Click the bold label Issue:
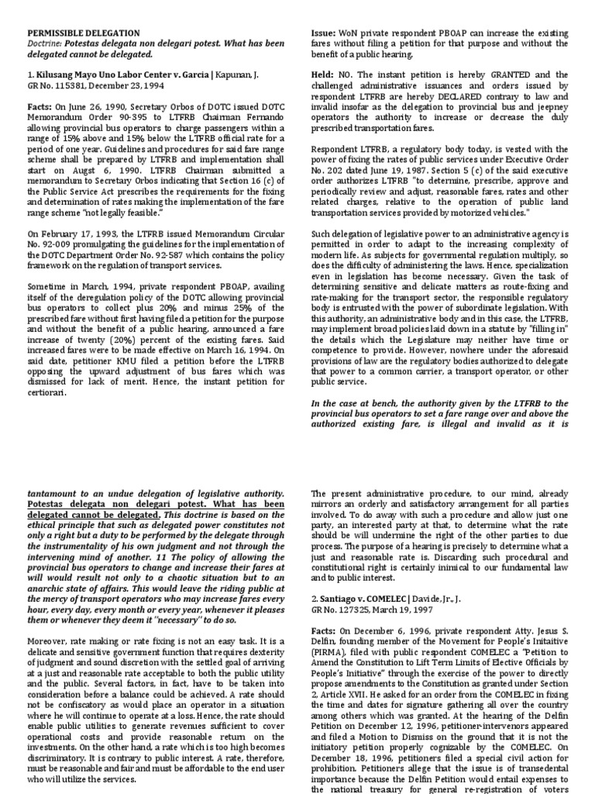(322, 33)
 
